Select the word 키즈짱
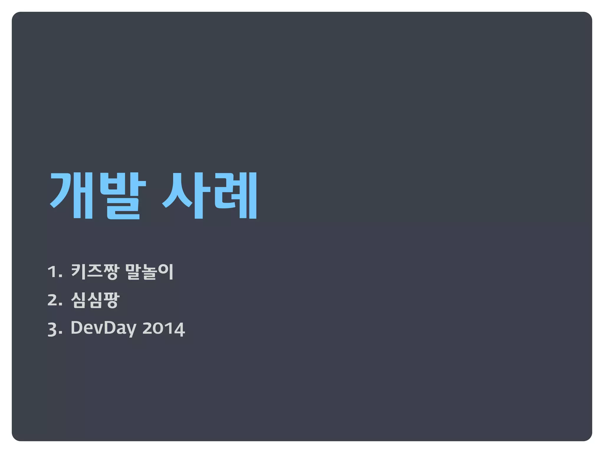[x=95, y=271]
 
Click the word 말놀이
[x=149, y=271]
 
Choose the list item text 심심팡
[x=95, y=300]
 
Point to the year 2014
[x=164, y=328]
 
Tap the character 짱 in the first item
[x=111, y=271]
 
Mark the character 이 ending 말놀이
[x=166, y=271]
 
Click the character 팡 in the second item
[x=111, y=300]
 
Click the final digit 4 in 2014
[x=179, y=329]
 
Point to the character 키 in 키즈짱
[x=78, y=271]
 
